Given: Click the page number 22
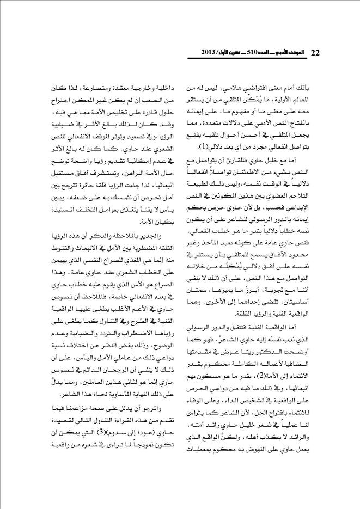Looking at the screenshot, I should tap(315, 53).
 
